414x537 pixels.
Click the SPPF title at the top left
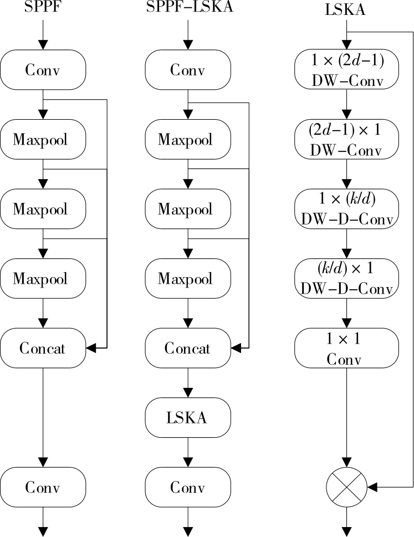[43, 8]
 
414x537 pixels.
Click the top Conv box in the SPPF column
[43, 70]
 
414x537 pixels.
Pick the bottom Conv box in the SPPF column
[43, 487]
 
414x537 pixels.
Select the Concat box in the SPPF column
[43, 348]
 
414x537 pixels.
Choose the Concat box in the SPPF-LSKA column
[188, 348]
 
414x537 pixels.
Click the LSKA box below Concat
[188, 417]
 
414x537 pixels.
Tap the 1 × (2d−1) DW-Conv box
[347, 70]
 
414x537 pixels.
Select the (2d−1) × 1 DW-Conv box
[347, 139]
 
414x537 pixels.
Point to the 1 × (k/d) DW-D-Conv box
[347, 209]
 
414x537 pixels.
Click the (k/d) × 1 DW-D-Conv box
[347, 278]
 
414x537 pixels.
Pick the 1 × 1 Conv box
[347, 348]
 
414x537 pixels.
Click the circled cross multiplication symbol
[347, 487]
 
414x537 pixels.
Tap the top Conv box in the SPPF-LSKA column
[188, 70]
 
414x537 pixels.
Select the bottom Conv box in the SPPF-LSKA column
[188, 487]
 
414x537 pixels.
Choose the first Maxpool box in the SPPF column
[43, 139]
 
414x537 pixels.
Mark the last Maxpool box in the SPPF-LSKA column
[188, 278]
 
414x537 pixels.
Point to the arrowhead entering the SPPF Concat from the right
[91, 348]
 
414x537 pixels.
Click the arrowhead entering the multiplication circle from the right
[372, 487]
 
